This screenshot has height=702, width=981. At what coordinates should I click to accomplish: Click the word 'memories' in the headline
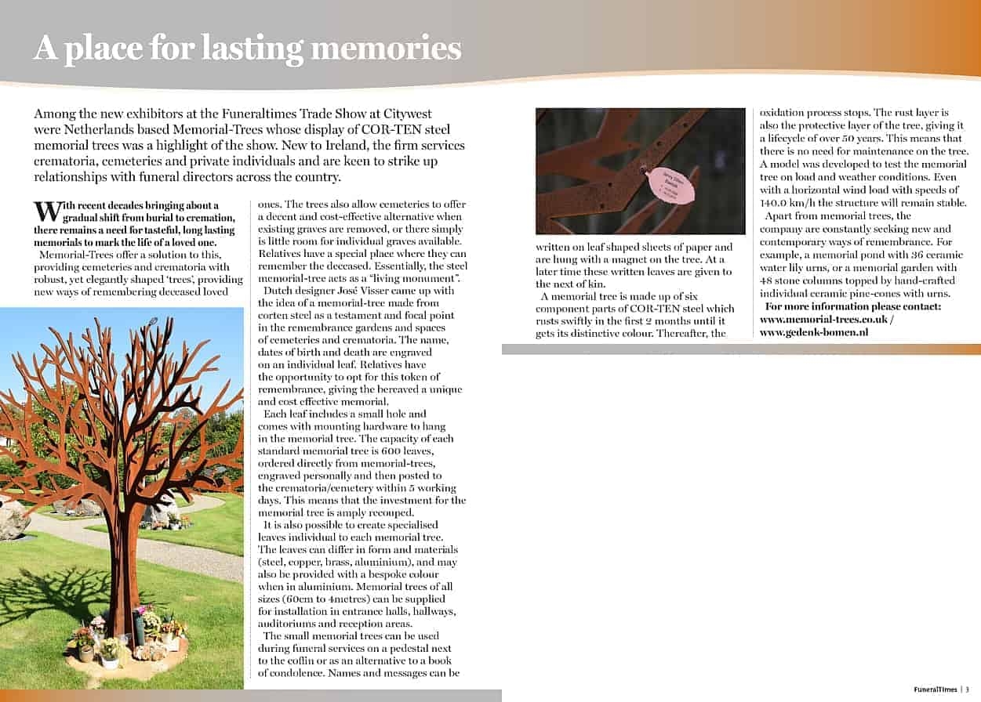[x=386, y=49]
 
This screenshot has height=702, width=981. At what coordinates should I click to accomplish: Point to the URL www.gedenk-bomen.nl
[x=813, y=331]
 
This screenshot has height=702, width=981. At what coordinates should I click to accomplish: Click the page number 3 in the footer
[x=968, y=689]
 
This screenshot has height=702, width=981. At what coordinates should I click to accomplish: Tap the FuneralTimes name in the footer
[x=935, y=689]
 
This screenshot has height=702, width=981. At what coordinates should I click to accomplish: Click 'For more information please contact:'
[x=853, y=306]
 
